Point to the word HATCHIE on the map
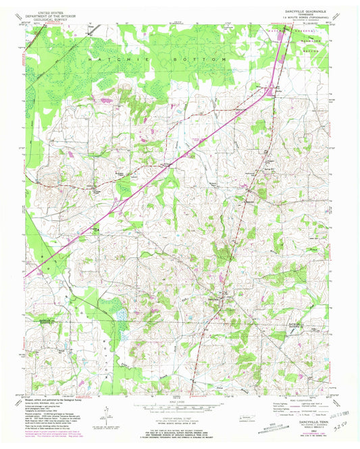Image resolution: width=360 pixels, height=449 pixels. [x=104, y=60]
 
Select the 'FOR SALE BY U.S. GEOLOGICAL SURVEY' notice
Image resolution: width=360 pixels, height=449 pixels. [x=177, y=432]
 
